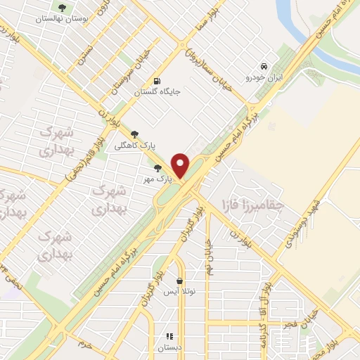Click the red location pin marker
181,165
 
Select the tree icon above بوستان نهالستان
63,8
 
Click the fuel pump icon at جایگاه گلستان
156,80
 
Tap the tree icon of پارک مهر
158,169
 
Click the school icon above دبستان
169,336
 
